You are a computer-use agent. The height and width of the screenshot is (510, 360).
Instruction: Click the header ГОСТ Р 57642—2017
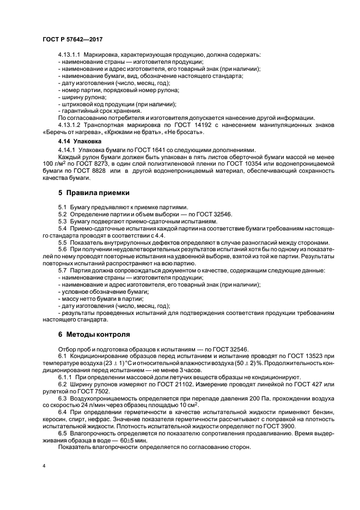click(72, 40)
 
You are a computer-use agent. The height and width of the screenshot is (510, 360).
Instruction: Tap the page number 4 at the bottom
click(44, 466)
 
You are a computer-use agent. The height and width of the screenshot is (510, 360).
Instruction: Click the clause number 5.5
click(63, 242)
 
